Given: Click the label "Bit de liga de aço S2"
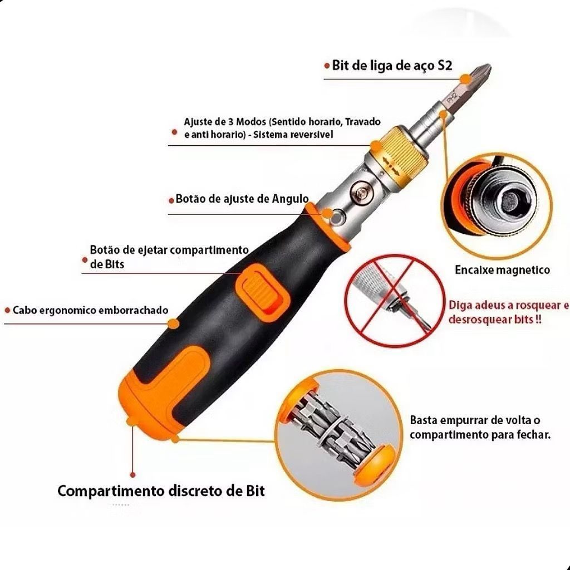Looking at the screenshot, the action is tap(392, 66).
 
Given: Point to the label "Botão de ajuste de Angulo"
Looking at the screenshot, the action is tap(242, 199).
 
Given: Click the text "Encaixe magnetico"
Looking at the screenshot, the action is tap(503, 270).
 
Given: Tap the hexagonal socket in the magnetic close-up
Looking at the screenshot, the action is tap(512, 200).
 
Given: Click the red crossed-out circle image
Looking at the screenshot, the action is tap(395, 301).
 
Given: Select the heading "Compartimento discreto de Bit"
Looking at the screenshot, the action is tap(161, 491).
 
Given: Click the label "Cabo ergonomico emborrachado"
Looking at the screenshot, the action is tap(91, 310).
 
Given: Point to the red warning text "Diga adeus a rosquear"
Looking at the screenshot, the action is tap(509, 304).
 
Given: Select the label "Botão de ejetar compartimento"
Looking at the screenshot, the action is tap(169, 250).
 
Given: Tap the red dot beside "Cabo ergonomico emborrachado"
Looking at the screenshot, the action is tap(7, 311).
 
